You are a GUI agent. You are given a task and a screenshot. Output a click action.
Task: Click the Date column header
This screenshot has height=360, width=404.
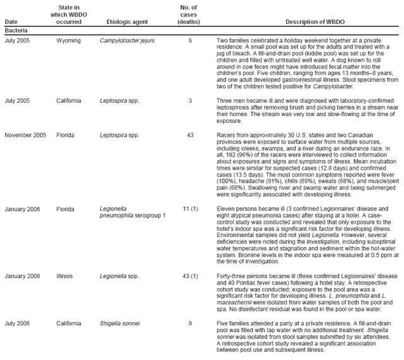tap(11, 22)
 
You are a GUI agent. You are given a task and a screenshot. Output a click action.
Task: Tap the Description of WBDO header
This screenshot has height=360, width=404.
tap(315, 22)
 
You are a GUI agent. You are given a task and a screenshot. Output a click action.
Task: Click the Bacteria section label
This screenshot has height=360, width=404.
tap(16, 30)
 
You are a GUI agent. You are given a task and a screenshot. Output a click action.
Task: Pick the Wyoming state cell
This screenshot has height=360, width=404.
tap(68, 40)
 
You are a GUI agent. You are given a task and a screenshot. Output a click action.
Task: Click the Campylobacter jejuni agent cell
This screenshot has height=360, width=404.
tap(127, 40)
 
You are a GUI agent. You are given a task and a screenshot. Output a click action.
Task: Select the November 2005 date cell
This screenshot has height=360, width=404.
tap(25, 135)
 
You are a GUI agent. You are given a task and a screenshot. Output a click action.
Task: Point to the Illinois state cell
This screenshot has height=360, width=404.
tap(64, 276)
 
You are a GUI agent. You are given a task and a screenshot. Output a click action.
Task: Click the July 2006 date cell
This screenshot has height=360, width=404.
tap(18, 324)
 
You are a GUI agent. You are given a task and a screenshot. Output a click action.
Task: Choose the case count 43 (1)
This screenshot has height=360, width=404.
tap(190, 276)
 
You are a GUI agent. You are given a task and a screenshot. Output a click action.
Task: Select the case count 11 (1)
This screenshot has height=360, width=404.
tap(190, 207)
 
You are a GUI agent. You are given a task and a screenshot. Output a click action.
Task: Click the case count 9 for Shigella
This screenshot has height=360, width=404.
tap(190, 324)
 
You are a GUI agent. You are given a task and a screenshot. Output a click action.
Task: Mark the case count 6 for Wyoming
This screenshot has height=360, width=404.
tap(190, 40)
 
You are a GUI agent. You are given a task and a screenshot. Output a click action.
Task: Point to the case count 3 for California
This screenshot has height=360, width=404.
tap(190, 100)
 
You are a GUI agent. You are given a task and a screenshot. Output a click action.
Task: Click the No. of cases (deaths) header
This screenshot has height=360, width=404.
tap(190, 15)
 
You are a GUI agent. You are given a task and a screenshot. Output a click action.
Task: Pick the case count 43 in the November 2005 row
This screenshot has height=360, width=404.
tap(190, 135)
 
